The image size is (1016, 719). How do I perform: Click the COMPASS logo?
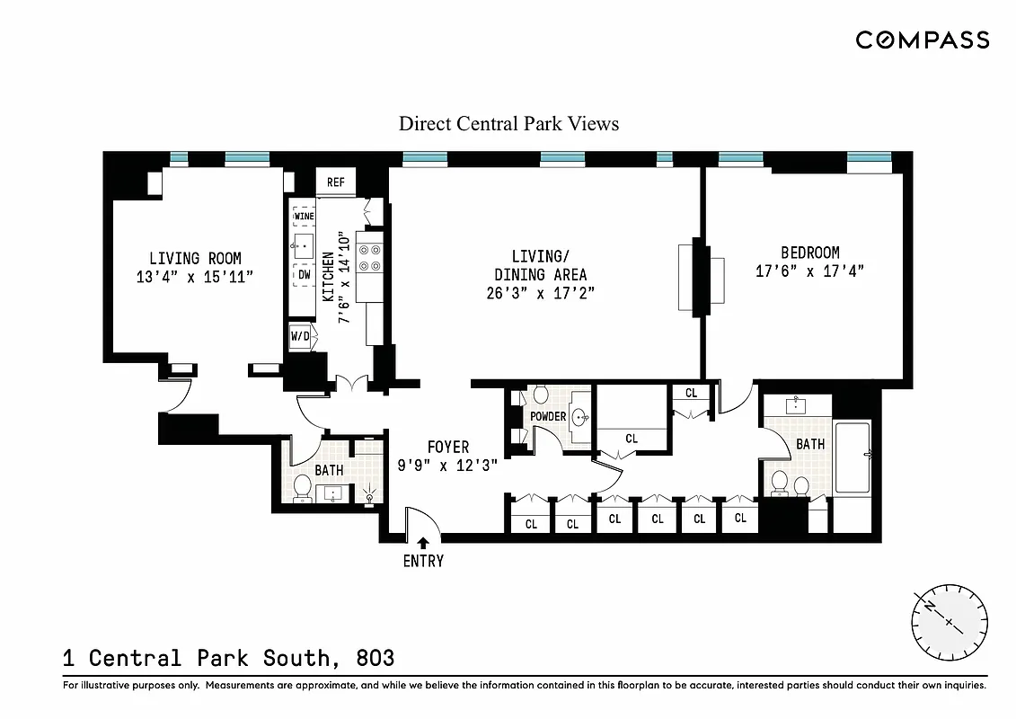coord(922,40)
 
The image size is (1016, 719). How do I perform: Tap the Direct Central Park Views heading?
coord(508,124)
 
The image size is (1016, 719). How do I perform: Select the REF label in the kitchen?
coord(335,182)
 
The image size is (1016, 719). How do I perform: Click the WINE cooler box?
coord(304,217)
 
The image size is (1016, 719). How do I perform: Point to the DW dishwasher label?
coord(304,274)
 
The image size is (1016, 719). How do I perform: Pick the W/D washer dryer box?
coord(300,337)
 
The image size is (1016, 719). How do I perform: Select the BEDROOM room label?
coord(809,253)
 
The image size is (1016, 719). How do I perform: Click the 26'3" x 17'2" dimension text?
coord(541,293)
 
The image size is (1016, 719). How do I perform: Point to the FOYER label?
coord(447,448)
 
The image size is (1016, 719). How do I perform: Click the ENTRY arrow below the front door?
coord(423,543)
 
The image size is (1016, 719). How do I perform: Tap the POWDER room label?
coord(548,416)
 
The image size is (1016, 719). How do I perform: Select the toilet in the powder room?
coord(540,395)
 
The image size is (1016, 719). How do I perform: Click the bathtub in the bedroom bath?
coord(852,458)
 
